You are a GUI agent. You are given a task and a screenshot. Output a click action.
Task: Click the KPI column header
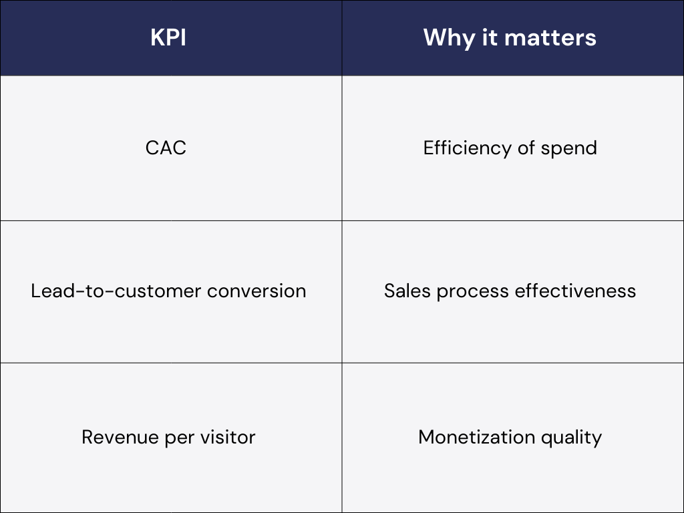coord(168,37)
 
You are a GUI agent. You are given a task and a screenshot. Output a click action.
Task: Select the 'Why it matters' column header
coord(510,37)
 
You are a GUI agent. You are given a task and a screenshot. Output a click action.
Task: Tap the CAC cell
coord(166,148)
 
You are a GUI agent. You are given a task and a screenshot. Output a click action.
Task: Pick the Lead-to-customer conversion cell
coord(168,291)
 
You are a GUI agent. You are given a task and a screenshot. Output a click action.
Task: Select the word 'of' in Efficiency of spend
coord(526,148)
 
